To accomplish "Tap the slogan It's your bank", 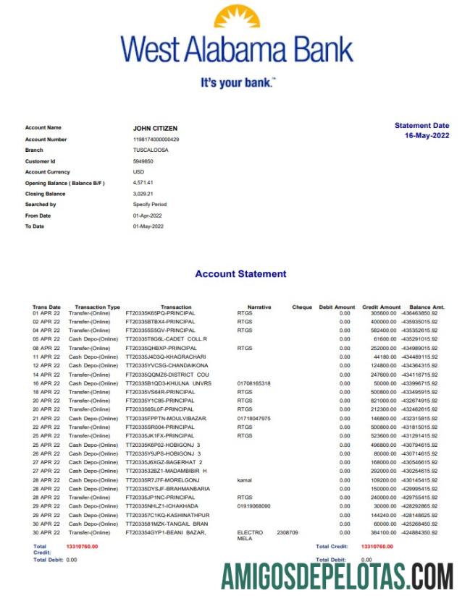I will point(237,84).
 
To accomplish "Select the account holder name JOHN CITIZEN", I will point(154,128).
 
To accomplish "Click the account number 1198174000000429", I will point(156,139).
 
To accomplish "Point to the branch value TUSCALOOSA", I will point(150,150).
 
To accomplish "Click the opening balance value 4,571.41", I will point(143,183).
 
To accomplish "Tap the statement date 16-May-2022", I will point(427,136).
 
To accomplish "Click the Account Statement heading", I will point(240,274).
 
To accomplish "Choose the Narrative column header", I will point(259,307).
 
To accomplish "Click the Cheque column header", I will point(302,307).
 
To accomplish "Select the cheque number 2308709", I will point(287,532).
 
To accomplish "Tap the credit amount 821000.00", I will point(379,400).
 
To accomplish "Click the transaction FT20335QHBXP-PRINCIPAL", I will point(160,348).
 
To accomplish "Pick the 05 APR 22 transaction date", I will point(46,338).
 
